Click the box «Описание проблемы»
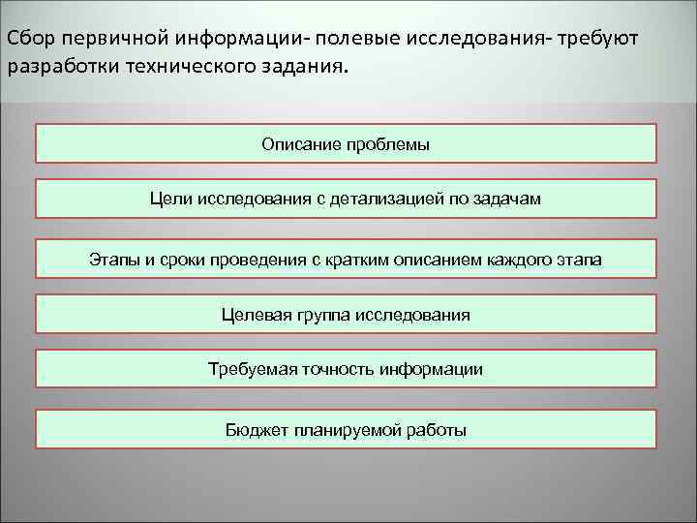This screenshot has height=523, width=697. [x=346, y=143]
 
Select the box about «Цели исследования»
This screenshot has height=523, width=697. [x=346, y=199]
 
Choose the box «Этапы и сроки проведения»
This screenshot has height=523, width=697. [x=346, y=259]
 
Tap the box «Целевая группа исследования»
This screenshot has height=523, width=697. [x=346, y=314]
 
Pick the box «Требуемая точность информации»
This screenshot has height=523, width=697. [x=346, y=369]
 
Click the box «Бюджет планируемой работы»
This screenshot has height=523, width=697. [x=346, y=429]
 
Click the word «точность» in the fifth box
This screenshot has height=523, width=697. [x=338, y=369]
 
